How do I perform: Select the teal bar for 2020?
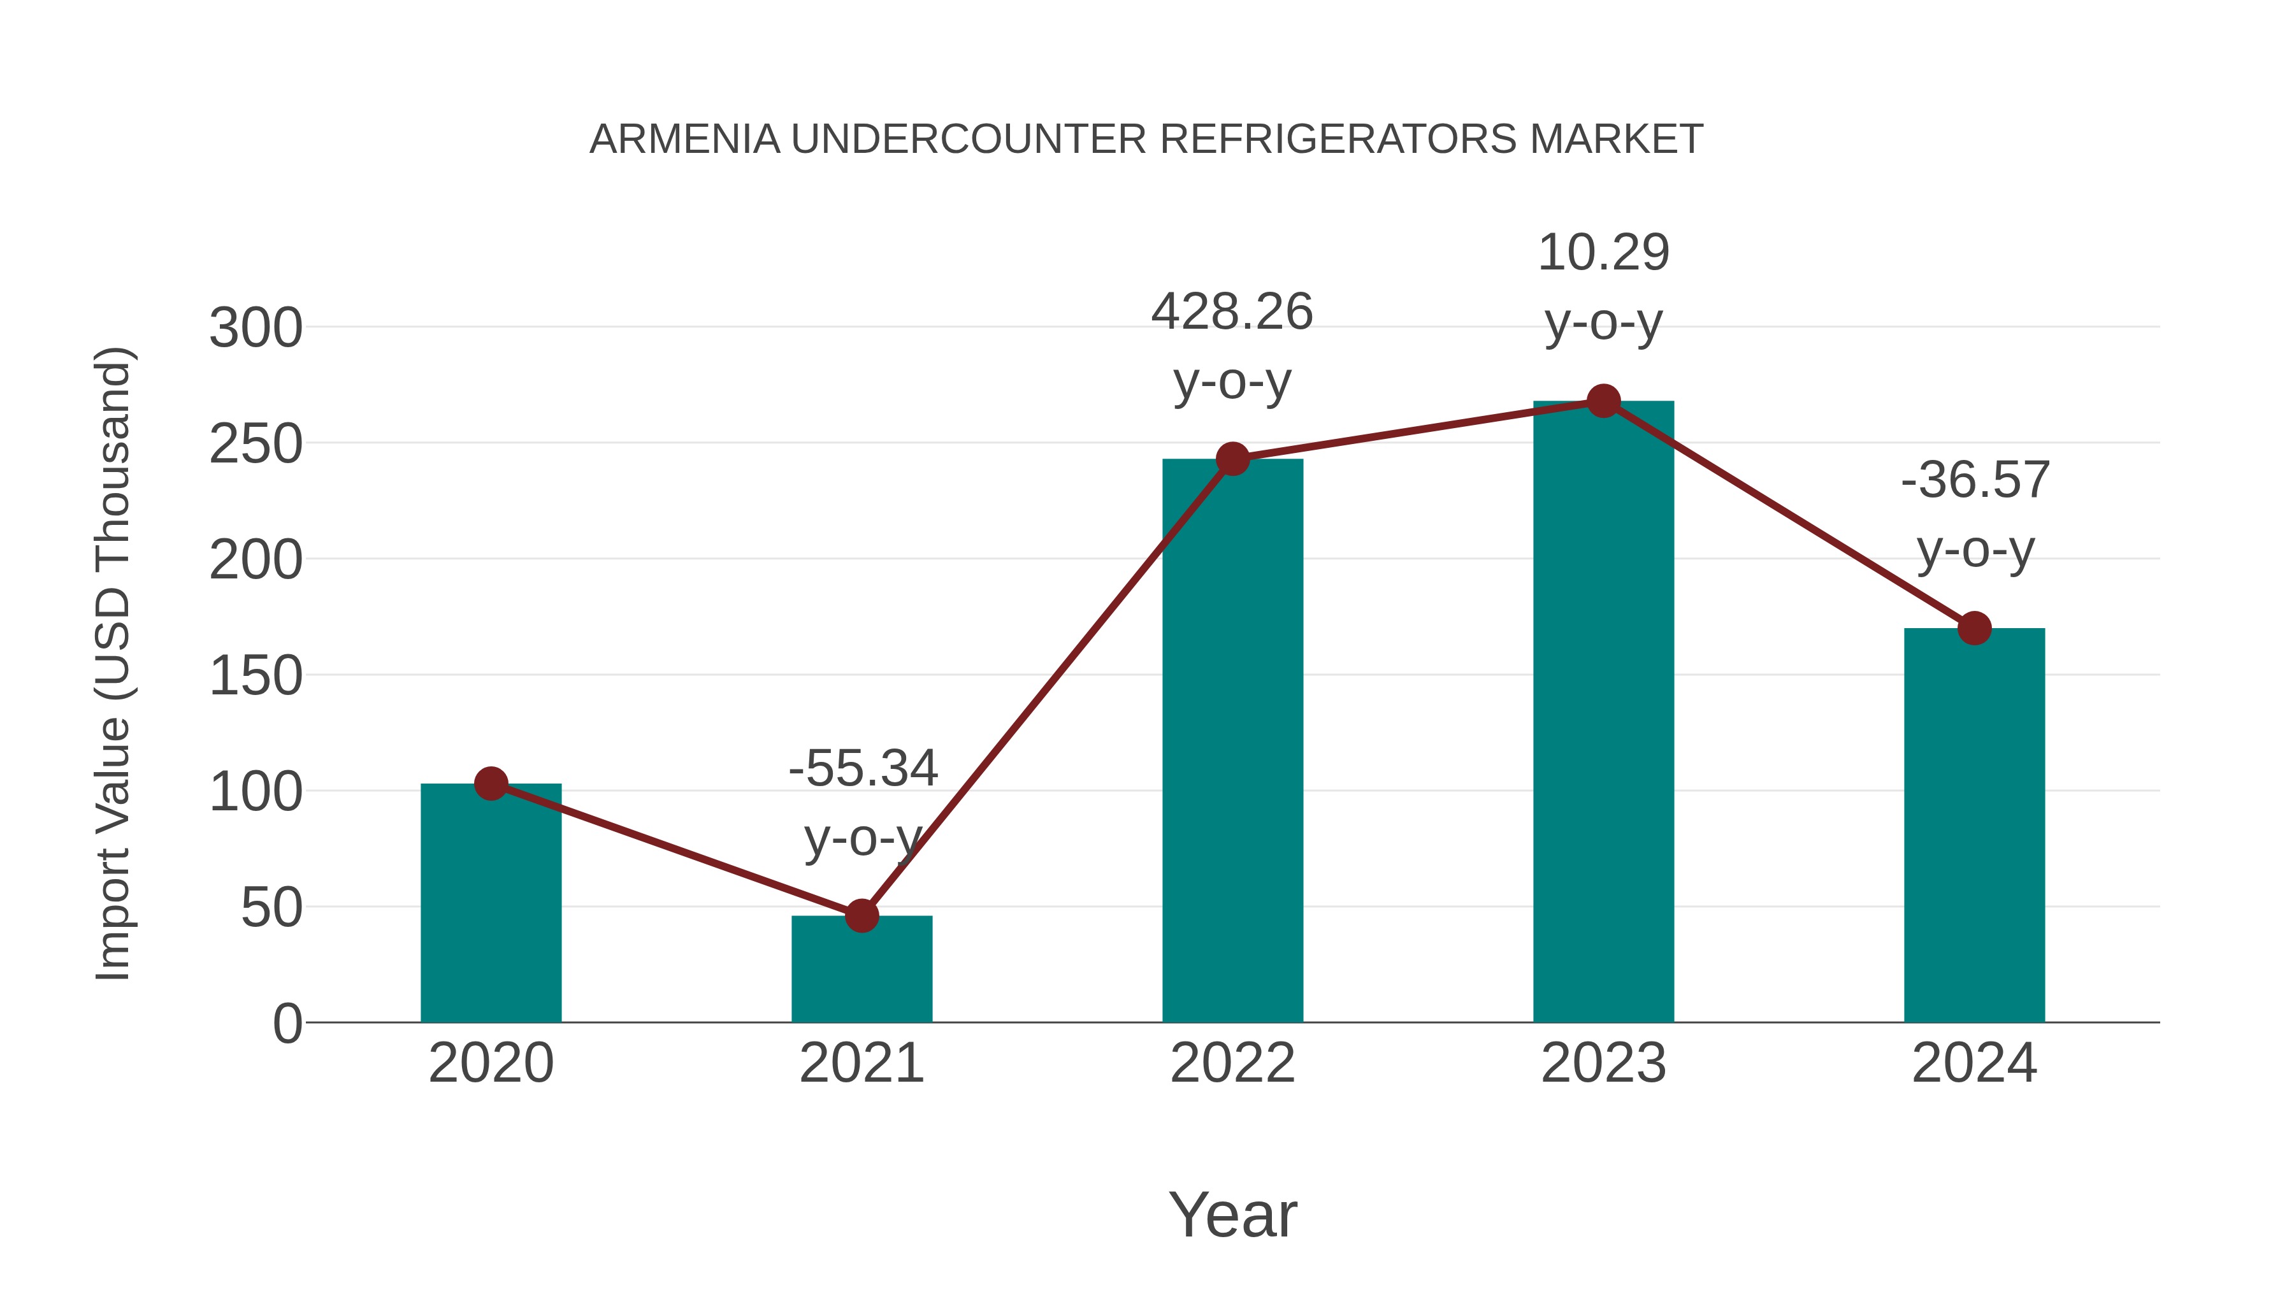(x=491, y=903)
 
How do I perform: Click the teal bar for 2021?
(x=861, y=970)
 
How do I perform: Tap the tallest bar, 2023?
(x=1603, y=712)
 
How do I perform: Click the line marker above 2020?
(x=491, y=784)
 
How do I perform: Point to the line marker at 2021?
(x=861, y=915)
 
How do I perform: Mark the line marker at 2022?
(x=1232, y=459)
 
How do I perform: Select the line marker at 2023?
(x=1603, y=401)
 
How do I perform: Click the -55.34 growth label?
(x=863, y=768)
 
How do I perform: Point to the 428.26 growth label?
(x=1232, y=313)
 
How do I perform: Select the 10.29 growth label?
(x=1603, y=253)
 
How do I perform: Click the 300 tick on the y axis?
(x=256, y=329)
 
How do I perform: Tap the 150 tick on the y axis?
(x=256, y=676)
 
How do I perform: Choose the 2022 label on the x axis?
(x=1232, y=1063)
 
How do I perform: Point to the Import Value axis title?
(x=114, y=663)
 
